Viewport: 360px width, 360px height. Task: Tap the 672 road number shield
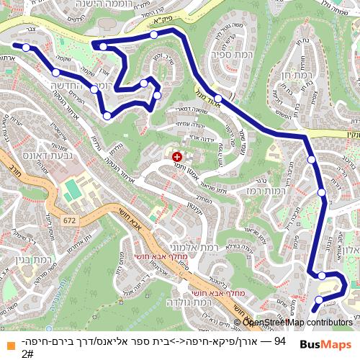(x=69, y=220)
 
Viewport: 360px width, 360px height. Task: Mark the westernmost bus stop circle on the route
(x=26, y=48)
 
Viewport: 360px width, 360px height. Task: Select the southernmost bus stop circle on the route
(x=319, y=300)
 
